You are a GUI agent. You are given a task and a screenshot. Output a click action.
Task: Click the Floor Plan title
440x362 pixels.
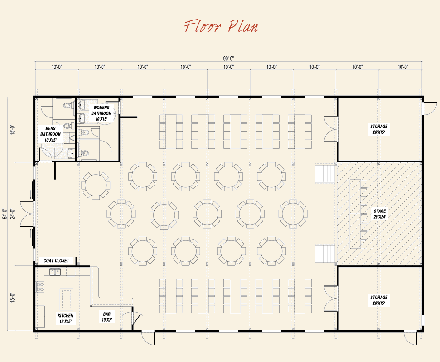pos(221,26)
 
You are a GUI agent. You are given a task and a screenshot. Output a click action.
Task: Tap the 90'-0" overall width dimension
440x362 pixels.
pos(228,58)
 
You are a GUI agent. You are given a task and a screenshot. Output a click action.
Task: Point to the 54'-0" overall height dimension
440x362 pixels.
pos(5,213)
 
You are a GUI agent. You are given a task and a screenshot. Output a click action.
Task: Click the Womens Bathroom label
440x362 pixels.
pos(101,113)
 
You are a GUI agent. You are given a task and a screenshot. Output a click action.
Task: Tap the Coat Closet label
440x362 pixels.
pos(56,260)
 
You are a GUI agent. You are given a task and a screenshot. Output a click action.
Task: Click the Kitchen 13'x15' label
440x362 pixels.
pos(65,318)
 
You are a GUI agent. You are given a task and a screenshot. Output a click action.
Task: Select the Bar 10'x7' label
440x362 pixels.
pos(107,316)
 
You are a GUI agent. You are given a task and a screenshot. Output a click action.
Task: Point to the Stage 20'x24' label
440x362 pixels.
pos(380,214)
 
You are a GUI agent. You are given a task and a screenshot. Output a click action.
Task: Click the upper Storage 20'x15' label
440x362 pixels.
pos(379,129)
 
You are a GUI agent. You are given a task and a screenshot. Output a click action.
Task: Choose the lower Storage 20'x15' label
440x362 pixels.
pos(379,300)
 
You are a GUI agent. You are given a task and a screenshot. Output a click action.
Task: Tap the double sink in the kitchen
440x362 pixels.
pos(55,272)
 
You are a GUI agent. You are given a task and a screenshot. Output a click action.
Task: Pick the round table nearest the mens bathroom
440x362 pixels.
pos(96,185)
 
